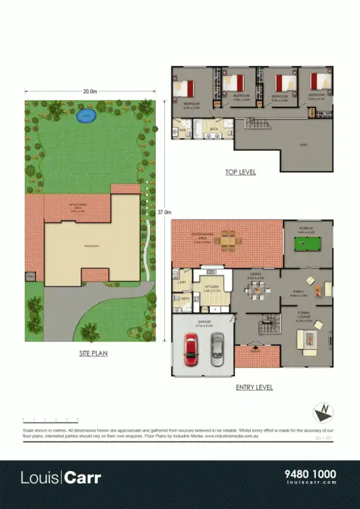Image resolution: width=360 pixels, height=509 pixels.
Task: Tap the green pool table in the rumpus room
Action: pos(308,243)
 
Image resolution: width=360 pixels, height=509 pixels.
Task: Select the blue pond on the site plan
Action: pos(86,117)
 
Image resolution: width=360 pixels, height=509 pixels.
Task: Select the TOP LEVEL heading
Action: pos(240,172)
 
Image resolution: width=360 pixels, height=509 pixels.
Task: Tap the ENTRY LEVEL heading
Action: pos(254,388)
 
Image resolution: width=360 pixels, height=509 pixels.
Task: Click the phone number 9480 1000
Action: pos(309,474)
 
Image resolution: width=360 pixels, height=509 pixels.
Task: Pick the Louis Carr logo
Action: pos(61,478)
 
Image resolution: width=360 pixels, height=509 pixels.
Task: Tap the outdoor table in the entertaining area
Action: pos(230,240)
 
